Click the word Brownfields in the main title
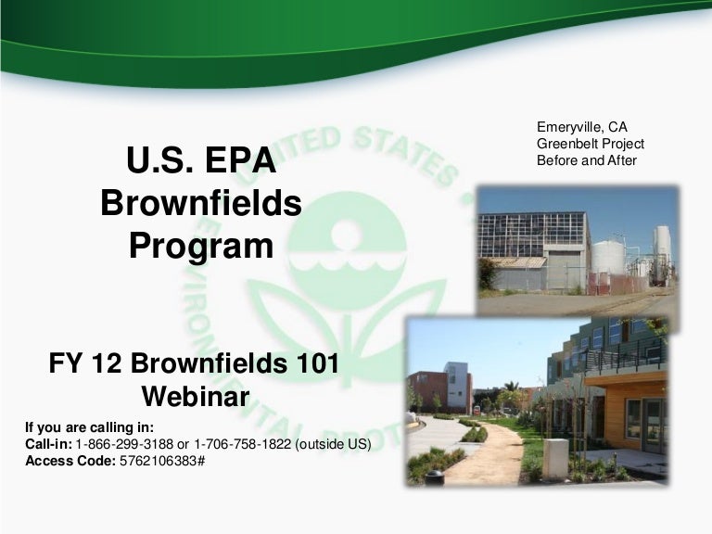point(201,204)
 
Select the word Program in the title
point(201,247)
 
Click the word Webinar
point(197,397)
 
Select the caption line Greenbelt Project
point(590,144)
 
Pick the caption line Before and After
point(586,160)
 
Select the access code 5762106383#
point(162,461)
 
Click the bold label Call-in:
point(48,444)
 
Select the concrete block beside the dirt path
point(555,458)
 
